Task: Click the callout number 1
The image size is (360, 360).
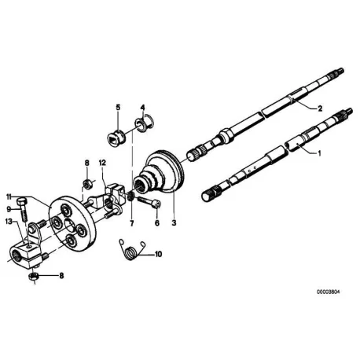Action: tap(319, 153)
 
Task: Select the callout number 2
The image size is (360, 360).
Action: tap(320, 108)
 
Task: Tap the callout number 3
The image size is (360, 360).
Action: tap(174, 223)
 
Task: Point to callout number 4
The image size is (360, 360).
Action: tap(142, 108)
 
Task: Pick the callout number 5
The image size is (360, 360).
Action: tap(118, 108)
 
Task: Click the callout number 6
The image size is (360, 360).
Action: tap(157, 223)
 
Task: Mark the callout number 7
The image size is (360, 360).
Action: tap(132, 223)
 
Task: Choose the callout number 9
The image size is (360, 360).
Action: tap(9, 209)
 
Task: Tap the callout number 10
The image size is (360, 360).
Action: tap(158, 254)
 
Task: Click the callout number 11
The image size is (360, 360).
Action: tap(9, 197)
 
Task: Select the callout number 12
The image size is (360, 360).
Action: tap(102, 163)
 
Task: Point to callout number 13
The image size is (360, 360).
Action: tap(9, 222)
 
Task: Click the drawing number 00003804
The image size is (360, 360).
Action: tap(329, 292)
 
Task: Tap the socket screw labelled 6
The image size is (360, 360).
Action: tap(149, 202)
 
